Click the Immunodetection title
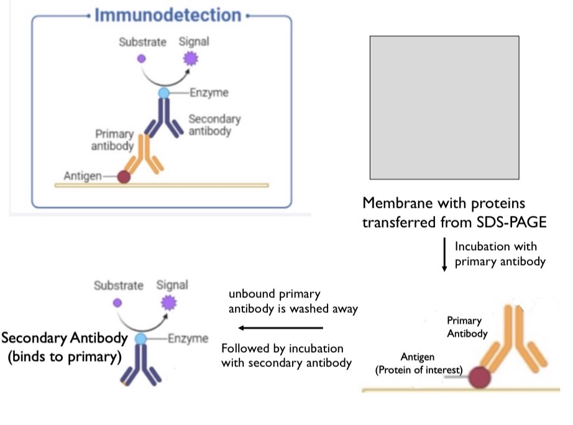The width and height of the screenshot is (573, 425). pyautogui.click(x=168, y=15)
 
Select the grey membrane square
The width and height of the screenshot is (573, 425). pyautogui.click(x=444, y=108)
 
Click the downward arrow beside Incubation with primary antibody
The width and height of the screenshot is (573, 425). pyautogui.click(x=444, y=255)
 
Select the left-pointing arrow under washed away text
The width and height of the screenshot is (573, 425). pyautogui.click(x=282, y=328)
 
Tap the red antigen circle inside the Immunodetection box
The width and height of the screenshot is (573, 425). pyautogui.click(x=124, y=177)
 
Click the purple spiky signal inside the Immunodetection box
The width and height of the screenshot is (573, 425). pyautogui.click(x=190, y=60)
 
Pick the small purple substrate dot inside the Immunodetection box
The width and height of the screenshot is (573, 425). pyautogui.click(x=141, y=58)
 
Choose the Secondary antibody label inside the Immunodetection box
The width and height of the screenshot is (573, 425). pyautogui.click(x=214, y=124)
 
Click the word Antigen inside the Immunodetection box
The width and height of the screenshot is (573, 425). pyautogui.click(x=82, y=177)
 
